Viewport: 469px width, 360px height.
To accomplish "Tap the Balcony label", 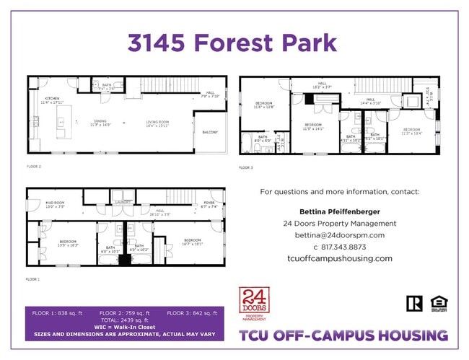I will (210, 132).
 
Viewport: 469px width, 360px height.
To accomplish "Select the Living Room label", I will (157, 123).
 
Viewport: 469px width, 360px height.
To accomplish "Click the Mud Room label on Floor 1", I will (55, 204).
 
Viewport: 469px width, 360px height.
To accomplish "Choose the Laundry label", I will (122, 203).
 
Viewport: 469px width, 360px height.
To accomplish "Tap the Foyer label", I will (209, 204).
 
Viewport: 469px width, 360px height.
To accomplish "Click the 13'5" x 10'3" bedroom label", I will (68, 242).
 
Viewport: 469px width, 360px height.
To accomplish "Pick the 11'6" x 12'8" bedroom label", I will (264, 105).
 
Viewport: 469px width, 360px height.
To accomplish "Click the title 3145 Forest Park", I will (232, 43).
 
